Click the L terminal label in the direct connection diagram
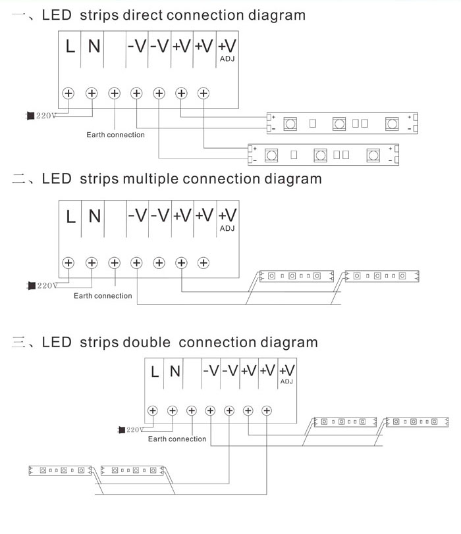coord(70,46)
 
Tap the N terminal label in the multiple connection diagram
coord(94,215)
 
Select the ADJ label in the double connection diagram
coord(286,381)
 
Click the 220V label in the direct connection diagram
coord(46,116)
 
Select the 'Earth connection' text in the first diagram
coord(115,135)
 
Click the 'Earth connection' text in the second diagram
coord(103,296)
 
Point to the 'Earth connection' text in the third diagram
coord(176,439)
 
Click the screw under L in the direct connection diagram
coord(68,93)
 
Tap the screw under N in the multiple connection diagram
coord(92,262)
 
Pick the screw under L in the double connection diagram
coord(153,410)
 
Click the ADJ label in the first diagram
coord(227,60)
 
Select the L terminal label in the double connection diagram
coord(155,372)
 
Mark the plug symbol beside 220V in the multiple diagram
coord(30,285)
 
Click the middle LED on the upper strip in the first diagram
coord(339,122)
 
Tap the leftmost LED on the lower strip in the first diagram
coord(270,155)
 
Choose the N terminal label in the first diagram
coord(94,46)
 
